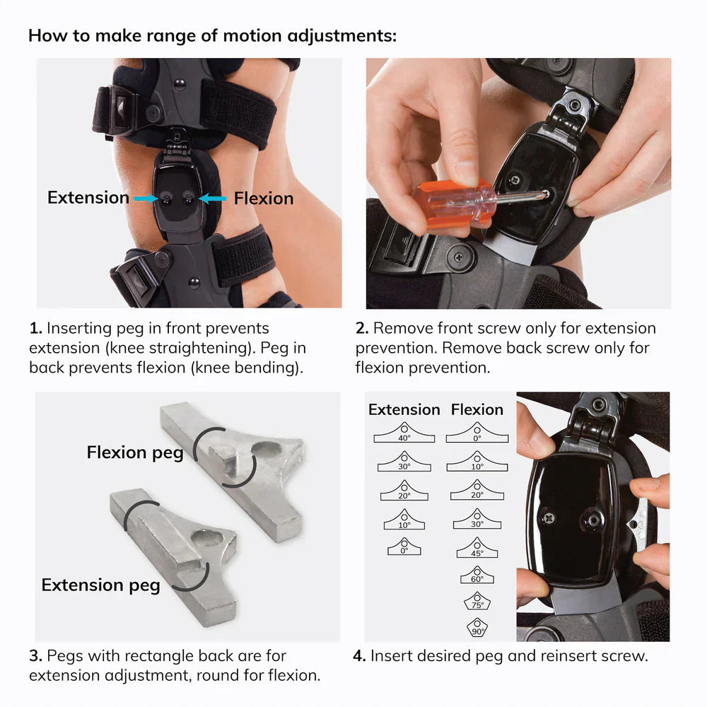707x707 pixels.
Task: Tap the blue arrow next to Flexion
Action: [212, 199]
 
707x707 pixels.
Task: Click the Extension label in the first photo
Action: [88, 198]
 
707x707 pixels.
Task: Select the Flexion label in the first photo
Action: [263, 199]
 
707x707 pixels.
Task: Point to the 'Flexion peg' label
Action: [134, 452]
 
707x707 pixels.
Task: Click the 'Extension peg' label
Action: [100, 585]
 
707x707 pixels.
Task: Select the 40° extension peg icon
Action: [404, 433]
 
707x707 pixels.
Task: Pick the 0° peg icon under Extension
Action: [404, 546]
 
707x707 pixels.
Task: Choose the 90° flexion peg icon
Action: [477, 627]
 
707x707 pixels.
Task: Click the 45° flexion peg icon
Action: [477, 547]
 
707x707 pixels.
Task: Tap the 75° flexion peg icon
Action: [477, 601]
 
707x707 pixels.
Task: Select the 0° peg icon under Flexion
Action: [477, 433]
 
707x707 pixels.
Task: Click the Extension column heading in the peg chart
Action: [404, 409]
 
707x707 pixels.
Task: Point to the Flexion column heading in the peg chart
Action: [477, 409]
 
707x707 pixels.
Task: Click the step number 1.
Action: [35, 328]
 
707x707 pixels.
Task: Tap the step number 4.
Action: [359, 656]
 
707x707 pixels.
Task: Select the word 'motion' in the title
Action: [230, 35]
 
